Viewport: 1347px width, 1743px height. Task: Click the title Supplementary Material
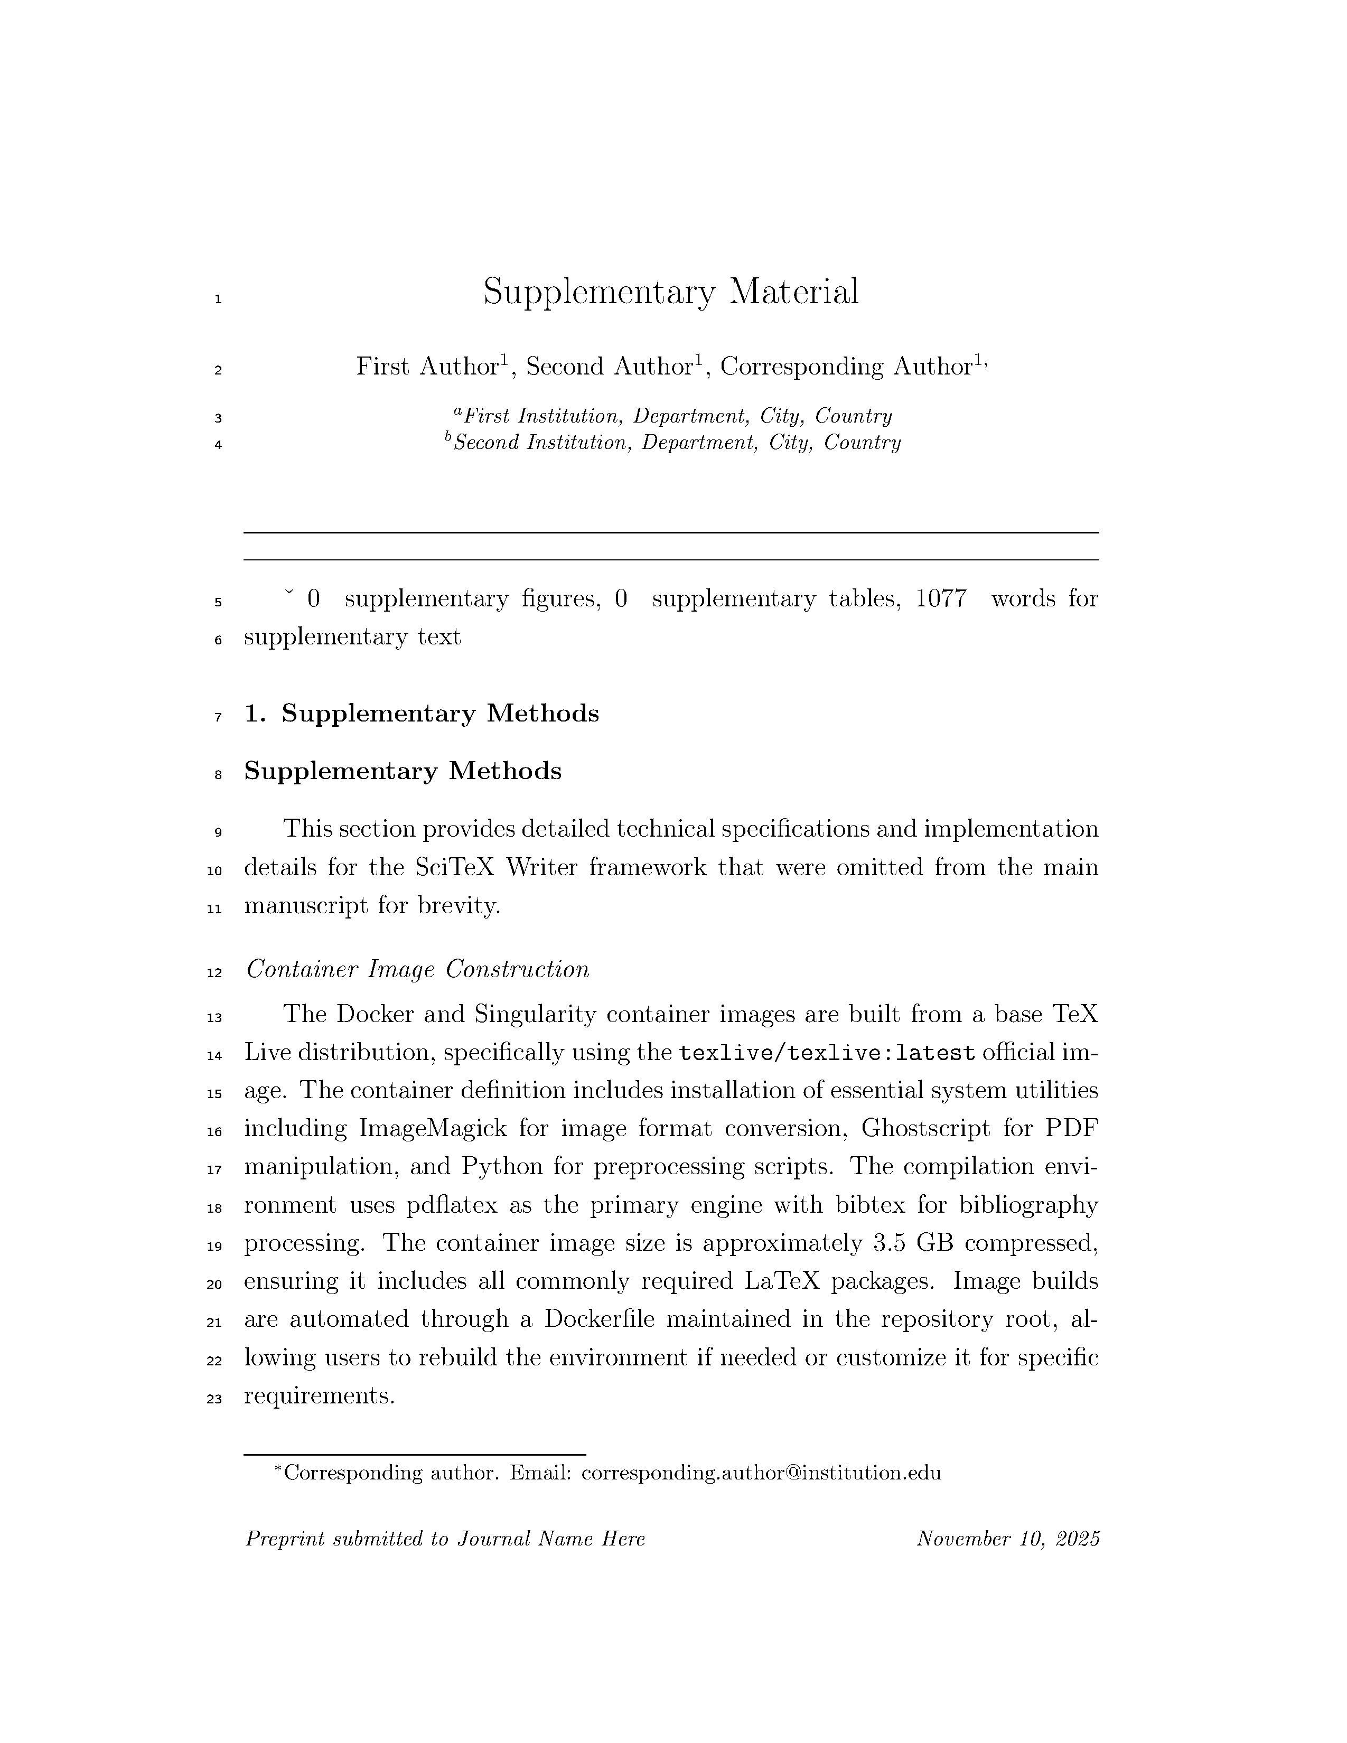pyautogui.click(x=670, y=292)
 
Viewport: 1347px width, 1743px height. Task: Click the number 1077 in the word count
pyautogui.click(x=941, y=598)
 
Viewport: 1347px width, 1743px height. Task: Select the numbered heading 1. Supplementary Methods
pyautogui.click(x=422, y=714)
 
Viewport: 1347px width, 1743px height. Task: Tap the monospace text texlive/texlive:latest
pyautogui.click(x=827, y=1053)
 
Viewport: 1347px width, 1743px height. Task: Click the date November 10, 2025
pyautogui.click(x=1008, y=1539)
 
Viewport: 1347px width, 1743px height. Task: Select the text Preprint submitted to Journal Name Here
pyautogui.click(x=444, y=1539)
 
